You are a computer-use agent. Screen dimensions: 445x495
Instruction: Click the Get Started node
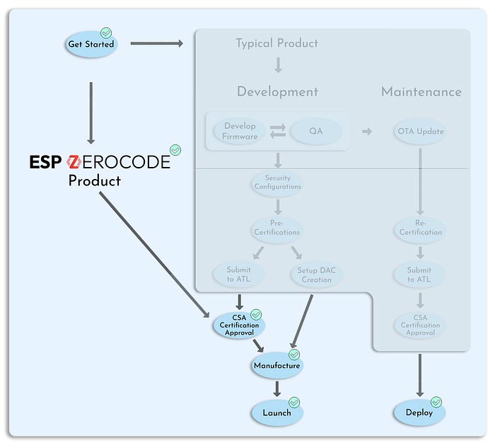pos(90,44)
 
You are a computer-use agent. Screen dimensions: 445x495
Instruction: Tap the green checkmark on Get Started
pos(106,33)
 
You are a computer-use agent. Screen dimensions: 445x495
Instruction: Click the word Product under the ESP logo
pos(94,181)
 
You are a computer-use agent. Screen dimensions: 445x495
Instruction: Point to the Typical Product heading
pos(276,43)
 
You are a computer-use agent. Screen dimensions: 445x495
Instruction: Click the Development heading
pos(277,92)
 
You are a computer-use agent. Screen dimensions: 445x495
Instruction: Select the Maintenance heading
pos(421,92)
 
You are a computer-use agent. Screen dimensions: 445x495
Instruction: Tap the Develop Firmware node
pos(240,131)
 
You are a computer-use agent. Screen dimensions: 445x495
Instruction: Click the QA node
pos(315,131)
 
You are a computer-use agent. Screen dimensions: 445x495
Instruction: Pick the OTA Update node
pos(419,131)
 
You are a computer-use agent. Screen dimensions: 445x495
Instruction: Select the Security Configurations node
pos(277,183)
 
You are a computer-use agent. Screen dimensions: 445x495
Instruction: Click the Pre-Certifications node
pos(276,228)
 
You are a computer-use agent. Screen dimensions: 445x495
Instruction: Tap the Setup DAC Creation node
pos(316,275)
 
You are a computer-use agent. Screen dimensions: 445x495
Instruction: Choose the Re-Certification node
pos(419,228)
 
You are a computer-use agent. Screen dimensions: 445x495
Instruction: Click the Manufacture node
pos(276,366)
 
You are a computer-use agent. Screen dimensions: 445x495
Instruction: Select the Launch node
pos(276,412)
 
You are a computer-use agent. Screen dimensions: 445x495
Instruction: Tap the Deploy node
pos(419,412)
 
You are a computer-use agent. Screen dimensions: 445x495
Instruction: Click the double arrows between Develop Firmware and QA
pos(278,131)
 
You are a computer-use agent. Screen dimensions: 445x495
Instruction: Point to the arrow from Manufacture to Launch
pos(276,388)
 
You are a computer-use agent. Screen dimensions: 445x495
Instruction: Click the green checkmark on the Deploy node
pos(436,402)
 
